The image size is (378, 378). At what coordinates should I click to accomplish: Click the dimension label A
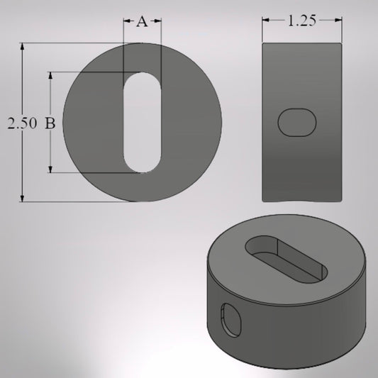[x=142, y=22]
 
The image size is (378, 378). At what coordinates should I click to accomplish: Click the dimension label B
[x=50, y=123]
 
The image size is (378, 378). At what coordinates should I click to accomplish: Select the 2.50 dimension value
[x=21, y=123]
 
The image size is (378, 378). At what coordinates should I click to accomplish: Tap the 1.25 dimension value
[x=301, y=21]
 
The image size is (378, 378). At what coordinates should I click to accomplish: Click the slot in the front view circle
[x=143, y=121]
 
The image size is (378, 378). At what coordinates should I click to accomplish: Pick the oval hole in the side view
[x=296, y=122]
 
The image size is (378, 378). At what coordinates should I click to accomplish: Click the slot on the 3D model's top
[x=286, y=260]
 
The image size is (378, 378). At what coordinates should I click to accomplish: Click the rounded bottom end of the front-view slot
[x=143, y=165]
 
